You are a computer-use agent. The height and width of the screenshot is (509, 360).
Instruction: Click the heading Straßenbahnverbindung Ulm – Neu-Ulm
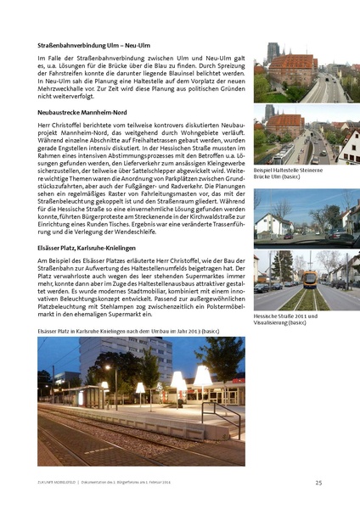tap(93, 44)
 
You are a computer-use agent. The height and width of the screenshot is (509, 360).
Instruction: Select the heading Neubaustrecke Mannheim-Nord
tap(81, 111)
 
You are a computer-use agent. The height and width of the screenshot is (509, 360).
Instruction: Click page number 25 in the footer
tap(318, 483)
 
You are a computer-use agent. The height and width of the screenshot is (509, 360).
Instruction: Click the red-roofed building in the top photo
tap(293, 68)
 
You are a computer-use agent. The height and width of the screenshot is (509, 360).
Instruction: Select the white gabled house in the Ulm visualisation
tap(349, 144)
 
